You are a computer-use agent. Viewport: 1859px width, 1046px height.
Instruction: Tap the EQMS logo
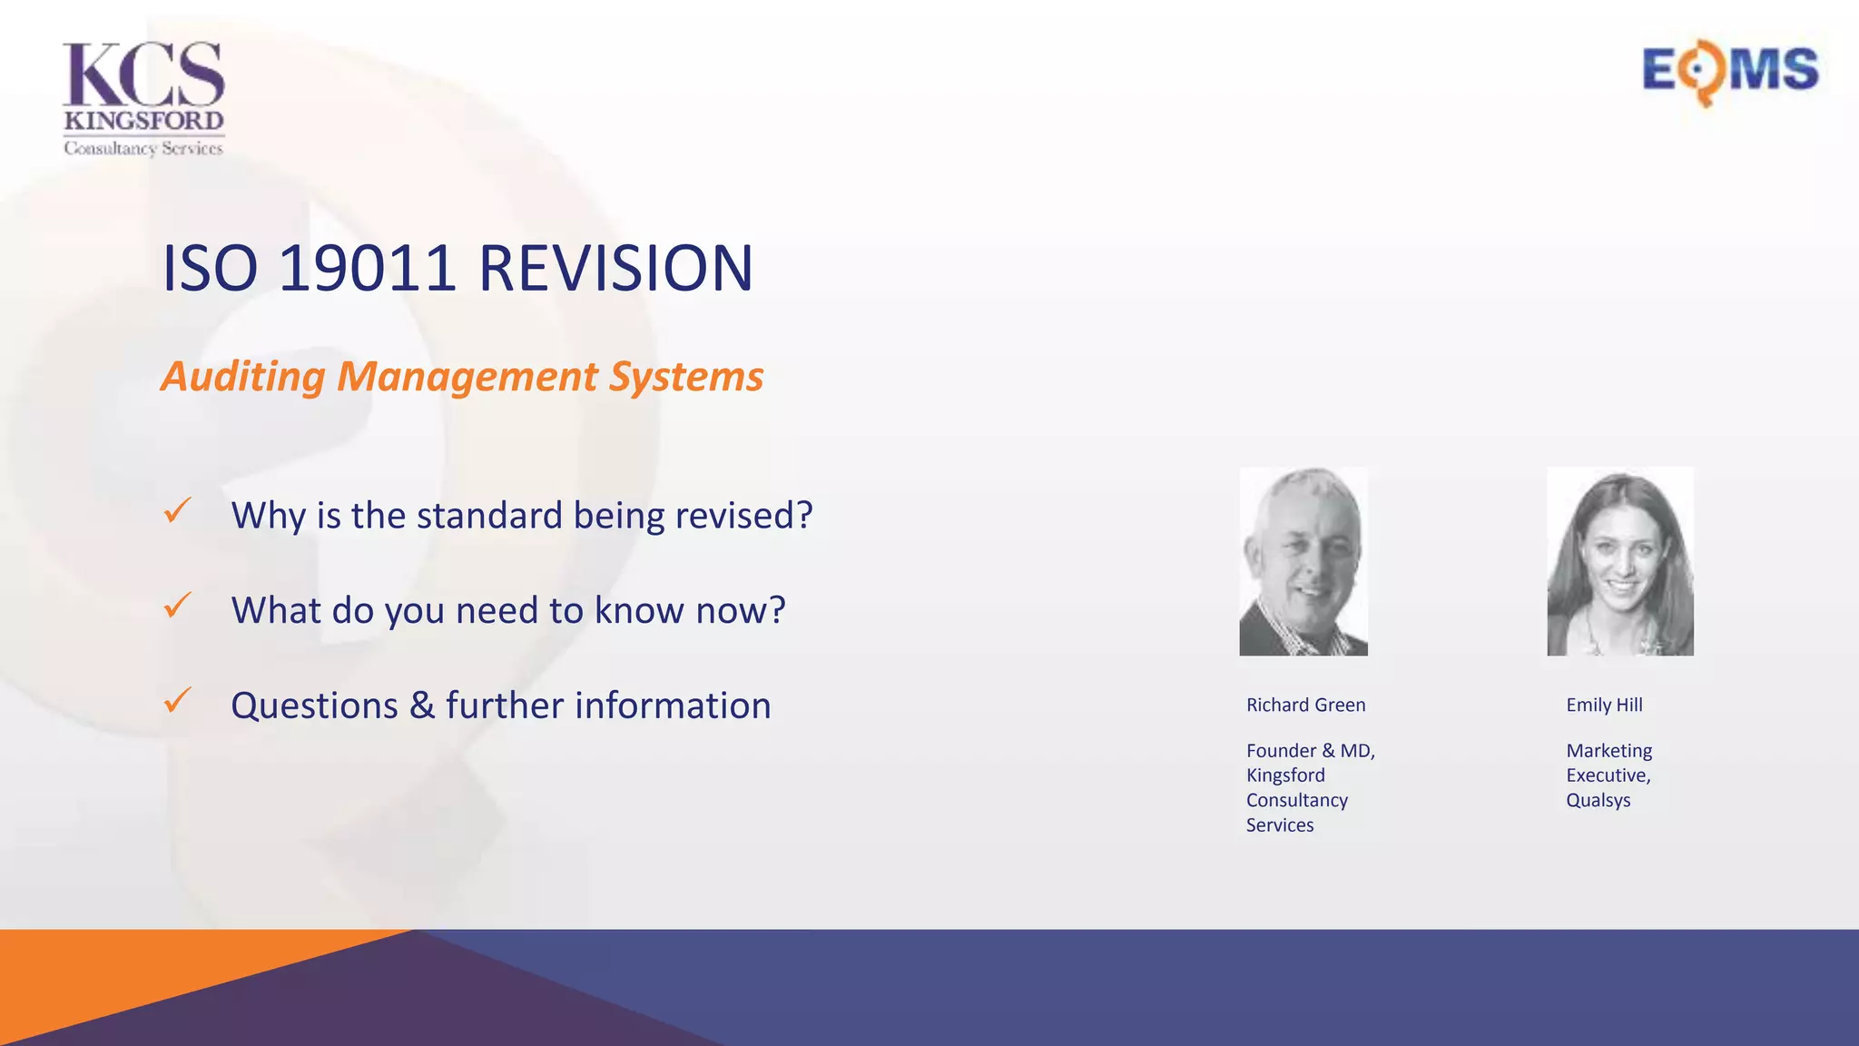(x=1730, y=71)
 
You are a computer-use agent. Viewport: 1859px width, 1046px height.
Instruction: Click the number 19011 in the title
(x=367, y=269)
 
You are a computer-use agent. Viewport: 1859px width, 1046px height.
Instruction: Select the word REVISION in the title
(x=615, y=269)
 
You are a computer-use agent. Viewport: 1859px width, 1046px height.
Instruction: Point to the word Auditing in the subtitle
(x=242, y=377)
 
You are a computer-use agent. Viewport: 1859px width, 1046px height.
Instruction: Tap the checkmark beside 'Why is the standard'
(x=178, y=510)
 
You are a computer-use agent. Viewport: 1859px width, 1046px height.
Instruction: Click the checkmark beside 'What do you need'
(x=178, y=605)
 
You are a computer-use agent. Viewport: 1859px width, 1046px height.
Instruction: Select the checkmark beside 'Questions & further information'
(x=178, y=700)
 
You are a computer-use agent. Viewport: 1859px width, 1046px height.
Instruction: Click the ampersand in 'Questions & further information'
(x=422, y=706)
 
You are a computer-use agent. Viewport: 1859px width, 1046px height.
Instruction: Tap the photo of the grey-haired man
(x=1303, y=561)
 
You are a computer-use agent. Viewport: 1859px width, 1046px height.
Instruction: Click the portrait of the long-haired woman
(x=1620, y=561)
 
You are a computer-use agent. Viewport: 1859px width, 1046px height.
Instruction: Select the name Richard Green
(x=1305, y=706)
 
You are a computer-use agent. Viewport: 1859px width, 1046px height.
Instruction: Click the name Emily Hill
(x=1604, y=706)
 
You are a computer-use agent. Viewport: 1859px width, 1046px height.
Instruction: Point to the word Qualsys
(x=1598, y=801)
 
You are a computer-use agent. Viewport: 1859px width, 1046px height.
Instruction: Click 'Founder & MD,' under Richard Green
(x=1310, y=751)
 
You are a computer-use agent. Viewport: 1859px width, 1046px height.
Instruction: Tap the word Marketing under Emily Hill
(x=1608, y=751)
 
